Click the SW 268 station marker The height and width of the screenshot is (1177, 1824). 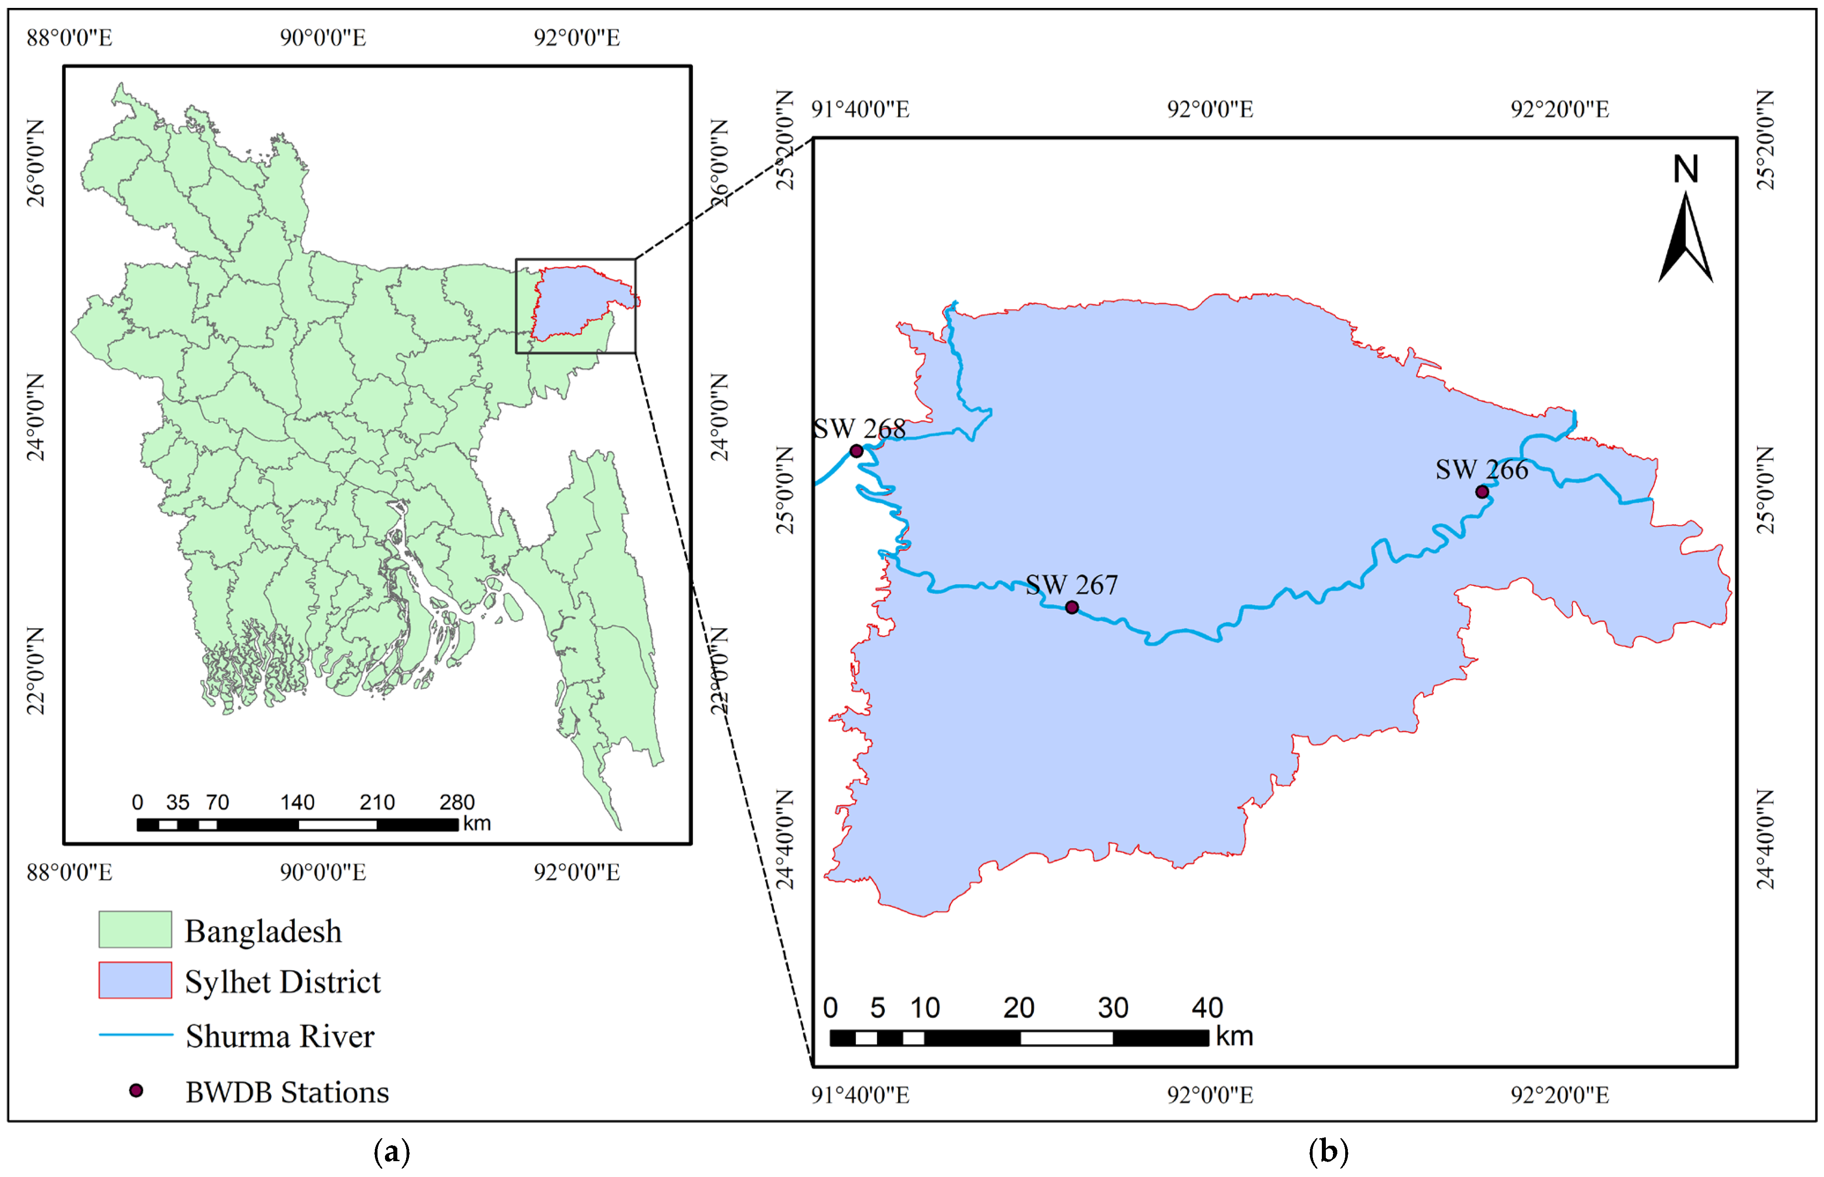[x=857, y=451]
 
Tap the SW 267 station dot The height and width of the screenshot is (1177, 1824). [x=1072, y=607]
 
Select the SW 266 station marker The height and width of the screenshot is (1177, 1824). [x=1482, y=492]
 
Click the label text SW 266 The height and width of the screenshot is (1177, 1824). [x=1482, y=469]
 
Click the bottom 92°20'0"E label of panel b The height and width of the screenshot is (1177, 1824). [x=1560, y=1095]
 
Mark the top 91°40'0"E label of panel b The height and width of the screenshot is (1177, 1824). [x=860, y=109]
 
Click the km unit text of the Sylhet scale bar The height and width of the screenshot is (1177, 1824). [x=1235, y=1036]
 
